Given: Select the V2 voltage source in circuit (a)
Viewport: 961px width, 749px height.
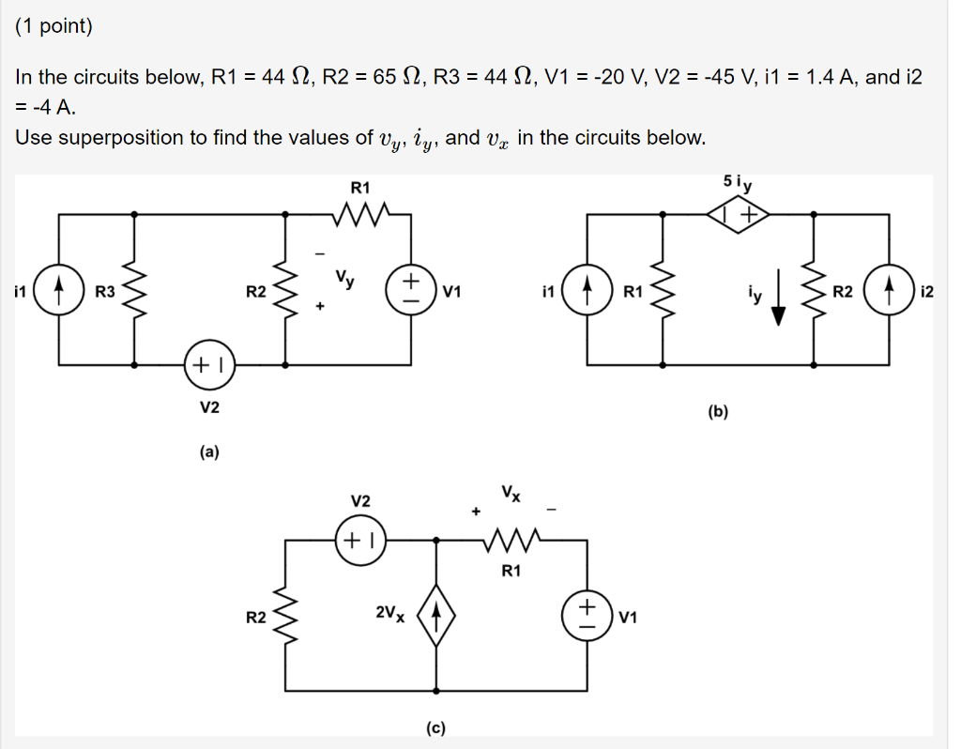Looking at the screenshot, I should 209,363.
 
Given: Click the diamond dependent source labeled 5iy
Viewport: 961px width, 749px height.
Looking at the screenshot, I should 739,215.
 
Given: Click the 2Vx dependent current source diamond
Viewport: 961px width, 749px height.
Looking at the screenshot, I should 436,616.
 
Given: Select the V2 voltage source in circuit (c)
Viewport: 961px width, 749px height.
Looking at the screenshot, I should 360,540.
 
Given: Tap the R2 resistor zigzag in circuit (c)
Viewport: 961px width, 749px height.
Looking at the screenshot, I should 285,616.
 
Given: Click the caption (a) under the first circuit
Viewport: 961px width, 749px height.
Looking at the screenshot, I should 208,452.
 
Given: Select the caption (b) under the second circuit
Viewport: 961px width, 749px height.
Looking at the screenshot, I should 719,411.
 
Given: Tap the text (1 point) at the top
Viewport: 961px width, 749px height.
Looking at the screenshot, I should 53,26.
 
